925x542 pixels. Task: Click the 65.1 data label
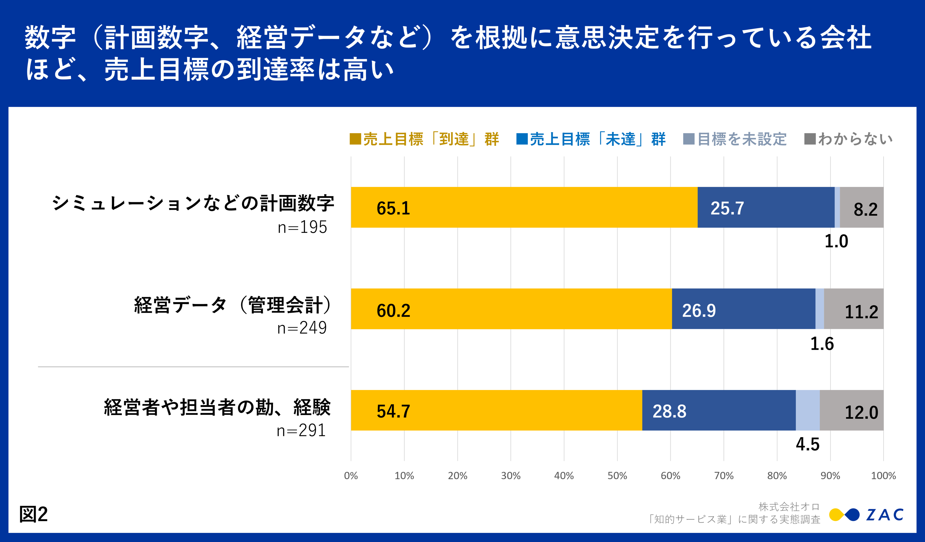tap(393, 208)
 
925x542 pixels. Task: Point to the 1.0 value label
tap(836, 241)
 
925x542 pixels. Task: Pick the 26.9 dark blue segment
tap(743, 309)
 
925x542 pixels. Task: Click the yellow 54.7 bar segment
tap(496, 410)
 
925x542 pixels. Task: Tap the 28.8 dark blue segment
tap(719, 410)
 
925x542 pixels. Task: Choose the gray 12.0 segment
tap(851, 410)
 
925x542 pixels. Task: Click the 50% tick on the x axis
tap(617, 476)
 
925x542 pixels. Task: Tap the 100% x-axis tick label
tap(883, 476)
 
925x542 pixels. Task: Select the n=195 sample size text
tap(302, 227)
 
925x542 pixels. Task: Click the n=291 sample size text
tap(301, 430)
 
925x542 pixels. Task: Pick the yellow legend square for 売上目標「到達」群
tap(355, 139)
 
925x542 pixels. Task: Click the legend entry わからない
tap(855, 139)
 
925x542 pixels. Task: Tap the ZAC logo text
tap(885, 515)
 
